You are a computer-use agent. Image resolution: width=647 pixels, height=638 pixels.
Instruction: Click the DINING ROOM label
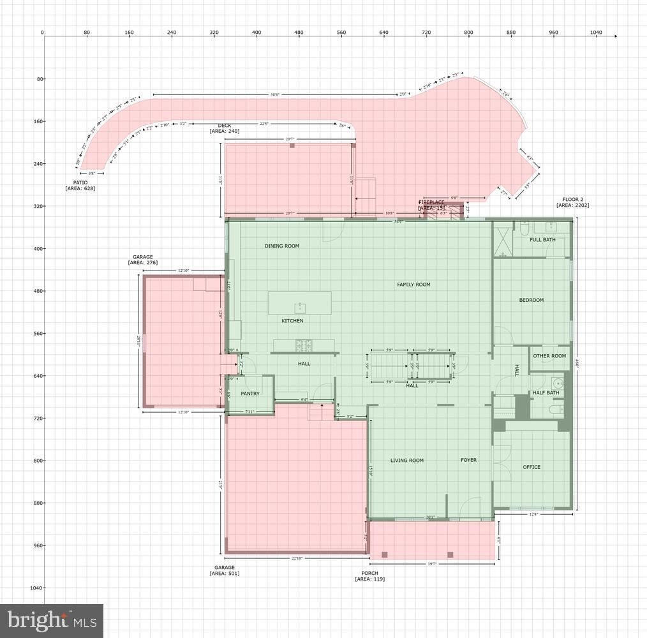pyautogui.click(x=282, y=246)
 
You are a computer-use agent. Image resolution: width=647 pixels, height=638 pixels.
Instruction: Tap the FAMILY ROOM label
pyautogui.click(x=413, y=285)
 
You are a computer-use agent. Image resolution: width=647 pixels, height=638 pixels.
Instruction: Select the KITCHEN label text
pyautogui.click(x=293, y=321)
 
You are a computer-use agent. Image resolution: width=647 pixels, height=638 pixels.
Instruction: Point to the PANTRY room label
pyautogui.click(x=250, y=394)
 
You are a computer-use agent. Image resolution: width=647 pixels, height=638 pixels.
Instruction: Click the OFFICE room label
pyautogui.click(x=532, y=467)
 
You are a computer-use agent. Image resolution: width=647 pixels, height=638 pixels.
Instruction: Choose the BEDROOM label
pyautogui.click(x=531, y=300)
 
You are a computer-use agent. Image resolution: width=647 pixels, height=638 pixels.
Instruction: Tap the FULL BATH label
pyautogui.click(x=542, y=240)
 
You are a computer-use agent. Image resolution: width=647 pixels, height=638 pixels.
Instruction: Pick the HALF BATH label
pyautogui.click(x=546, y=393)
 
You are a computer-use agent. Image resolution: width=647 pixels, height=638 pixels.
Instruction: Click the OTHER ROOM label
pyautogui.click(x=549, y=356)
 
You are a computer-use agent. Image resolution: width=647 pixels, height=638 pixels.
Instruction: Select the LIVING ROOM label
pyautogui.click(x=407, y=461)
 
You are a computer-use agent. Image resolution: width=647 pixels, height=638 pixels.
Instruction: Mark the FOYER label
pyautogui.click(x=469, y=460)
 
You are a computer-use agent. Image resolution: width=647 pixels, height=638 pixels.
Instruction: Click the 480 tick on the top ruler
pyautogui.click(x=299, y=33)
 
